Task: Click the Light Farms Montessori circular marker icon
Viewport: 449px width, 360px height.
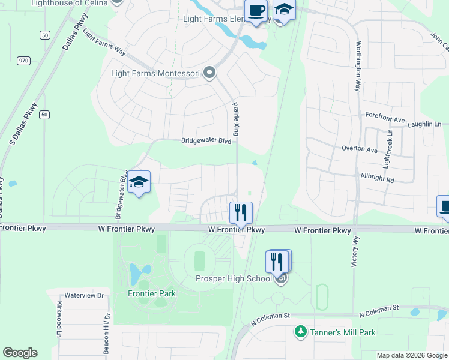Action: pyautogui.click(x=209, y=73)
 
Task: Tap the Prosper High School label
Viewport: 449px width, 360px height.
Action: pyautogui.click(x=234, y=278)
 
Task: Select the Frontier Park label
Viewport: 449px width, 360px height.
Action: pyautogui.click(x=152, y=293)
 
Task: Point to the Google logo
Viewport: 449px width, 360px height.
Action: pyautogui.click(x=20, y=353)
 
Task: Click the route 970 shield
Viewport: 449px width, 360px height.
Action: pyautogui.click(x=24, y=60)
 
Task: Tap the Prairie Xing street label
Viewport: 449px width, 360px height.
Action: pyautogui.click(x=236, y=118)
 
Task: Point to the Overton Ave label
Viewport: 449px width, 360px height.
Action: pyautogui.click(x=359, y=149)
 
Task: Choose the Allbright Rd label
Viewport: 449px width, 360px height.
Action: pyautogui.click(x=377, y=179)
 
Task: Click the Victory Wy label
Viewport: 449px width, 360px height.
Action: pyautogui.click(x=354, y=251)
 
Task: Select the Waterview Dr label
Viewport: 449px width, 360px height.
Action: pyautogui.click(x=84, y=295)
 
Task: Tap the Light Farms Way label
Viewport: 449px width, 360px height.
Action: pyautogui.click(x=104, y=42)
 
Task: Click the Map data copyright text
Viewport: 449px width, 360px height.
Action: pyautogui.click(x=411, y=355)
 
